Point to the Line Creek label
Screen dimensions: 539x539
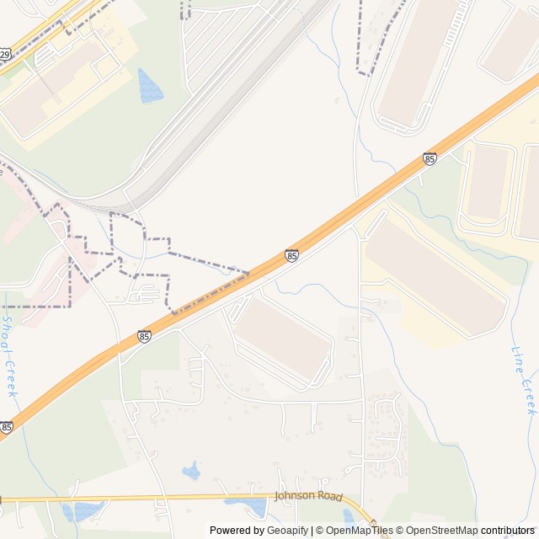[x=523, y=380]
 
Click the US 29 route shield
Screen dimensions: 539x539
[x=4, y=55]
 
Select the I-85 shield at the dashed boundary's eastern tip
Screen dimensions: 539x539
[x=291, y=255]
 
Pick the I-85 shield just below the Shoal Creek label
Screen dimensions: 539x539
[x=6, y=428]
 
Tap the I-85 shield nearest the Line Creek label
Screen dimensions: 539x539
[x=430, y=158]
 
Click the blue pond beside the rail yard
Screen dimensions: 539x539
[x=150, y=85]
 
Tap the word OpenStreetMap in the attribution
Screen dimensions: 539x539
[x=442, y=531]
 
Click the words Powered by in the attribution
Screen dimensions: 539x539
[x=237, y=531]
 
